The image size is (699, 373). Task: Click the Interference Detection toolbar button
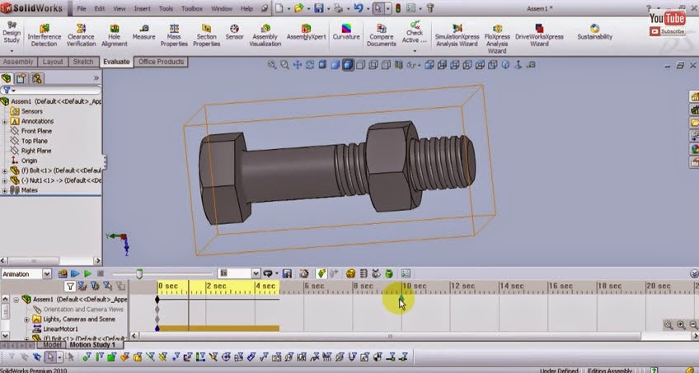point(44,35)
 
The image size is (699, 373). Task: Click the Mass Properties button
point(174,35)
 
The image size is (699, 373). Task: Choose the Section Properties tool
point(206,35)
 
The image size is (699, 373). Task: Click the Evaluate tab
point(116,62)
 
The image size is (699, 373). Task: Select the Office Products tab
point(161,62)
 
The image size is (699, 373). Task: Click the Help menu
point(246,8)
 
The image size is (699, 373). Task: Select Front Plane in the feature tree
point(36,131)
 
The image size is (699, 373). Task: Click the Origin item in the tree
point(29,161)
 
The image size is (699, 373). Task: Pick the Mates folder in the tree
point(29,190)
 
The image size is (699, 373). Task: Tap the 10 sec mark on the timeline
point(413,287)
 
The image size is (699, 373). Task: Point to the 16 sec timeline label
point(561,287)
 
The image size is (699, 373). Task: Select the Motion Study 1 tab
point(92,345)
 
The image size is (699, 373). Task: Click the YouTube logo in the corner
point(667,18)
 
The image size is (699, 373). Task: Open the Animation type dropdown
point(46,273)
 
